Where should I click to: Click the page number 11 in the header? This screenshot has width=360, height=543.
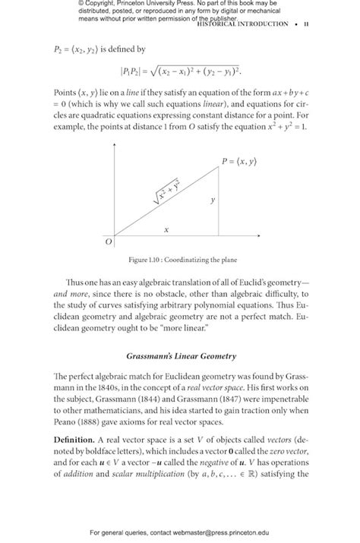click(305, 24)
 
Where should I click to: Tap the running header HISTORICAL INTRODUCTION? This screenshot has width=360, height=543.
click(242, 24)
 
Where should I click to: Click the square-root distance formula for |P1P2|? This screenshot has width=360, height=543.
click(179, 71)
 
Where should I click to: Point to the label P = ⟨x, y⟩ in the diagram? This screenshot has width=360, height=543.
click(239, 161)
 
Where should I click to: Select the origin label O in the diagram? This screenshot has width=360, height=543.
click(108, 242)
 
